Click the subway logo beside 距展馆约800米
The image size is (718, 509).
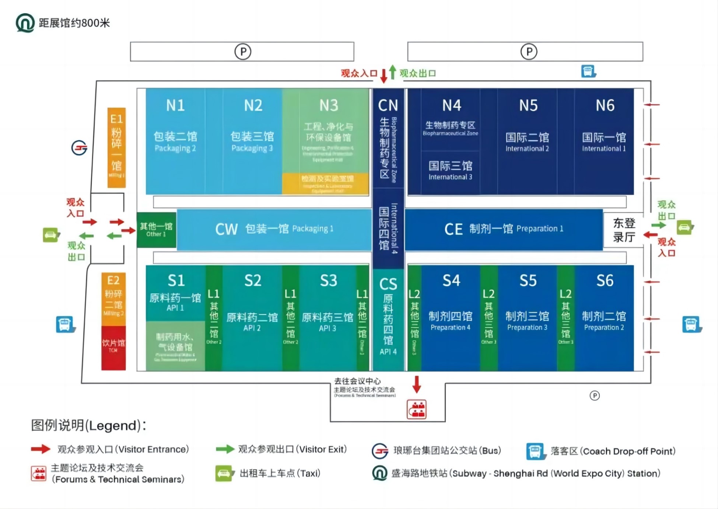pos(25,23)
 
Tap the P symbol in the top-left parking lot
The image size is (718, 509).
pos(243,52)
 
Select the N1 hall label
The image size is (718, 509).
pos(175,106)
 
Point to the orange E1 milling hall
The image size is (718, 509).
pos(116,147)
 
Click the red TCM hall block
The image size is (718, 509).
pos(113,347)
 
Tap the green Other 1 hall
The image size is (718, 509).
pos(156,230)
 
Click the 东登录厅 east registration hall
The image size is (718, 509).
pos(624,230)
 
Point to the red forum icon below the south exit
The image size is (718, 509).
pos(417,409)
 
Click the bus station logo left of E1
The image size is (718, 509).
pos(79,148)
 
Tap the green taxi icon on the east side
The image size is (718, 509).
pos(684,227)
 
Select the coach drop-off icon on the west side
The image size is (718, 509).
pos(65,324)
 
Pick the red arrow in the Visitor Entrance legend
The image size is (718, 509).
pos(41,449)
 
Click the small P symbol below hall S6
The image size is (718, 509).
pos(595,395)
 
